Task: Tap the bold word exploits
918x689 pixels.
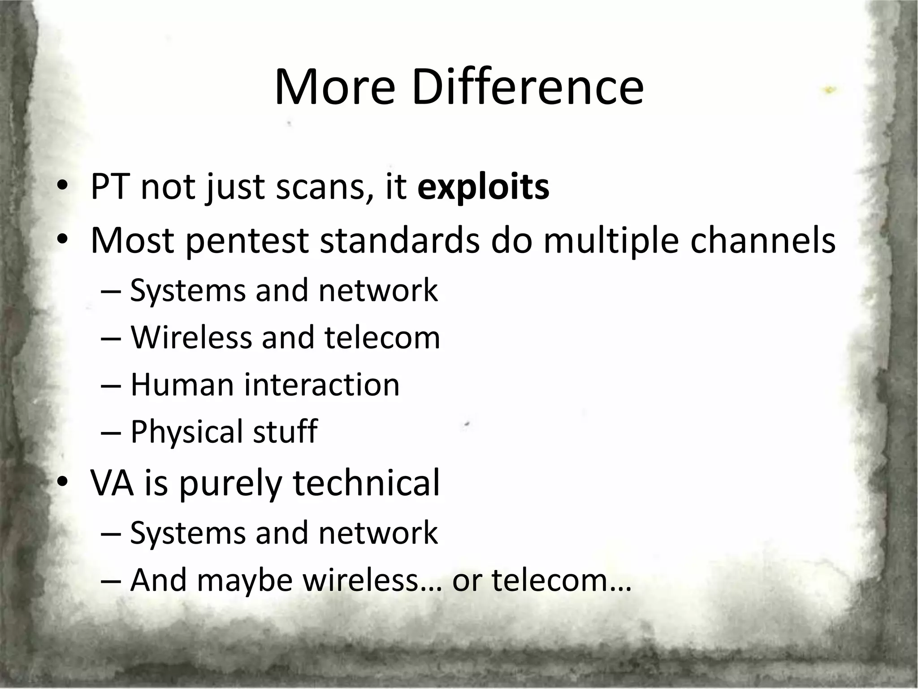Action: point(483,187)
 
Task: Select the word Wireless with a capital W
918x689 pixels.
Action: point(191,337)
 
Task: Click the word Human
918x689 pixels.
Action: point(182,385)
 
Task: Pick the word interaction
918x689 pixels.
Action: point(321,385)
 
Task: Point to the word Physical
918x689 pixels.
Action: point(187,432)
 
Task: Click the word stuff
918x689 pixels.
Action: point(285,432)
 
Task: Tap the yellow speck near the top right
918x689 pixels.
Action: point(830,90)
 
